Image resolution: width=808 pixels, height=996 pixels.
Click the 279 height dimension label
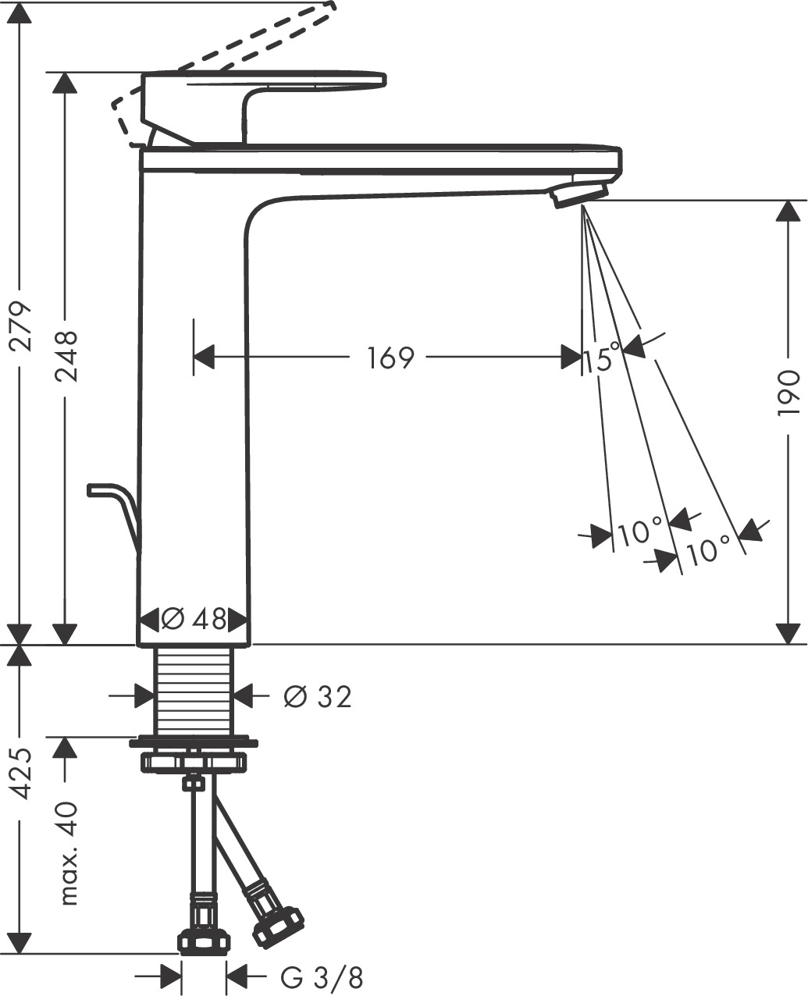pos(23,324)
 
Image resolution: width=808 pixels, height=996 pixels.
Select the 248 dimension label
pos(66,356)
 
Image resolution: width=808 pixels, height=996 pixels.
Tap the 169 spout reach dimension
pos(389,358)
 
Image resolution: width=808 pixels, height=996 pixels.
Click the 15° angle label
pos(602,359)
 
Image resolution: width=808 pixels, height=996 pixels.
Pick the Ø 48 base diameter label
pos(194,621)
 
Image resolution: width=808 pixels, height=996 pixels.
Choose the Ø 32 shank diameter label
pos(318,696)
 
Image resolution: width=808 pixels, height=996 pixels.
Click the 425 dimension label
pos(23,773)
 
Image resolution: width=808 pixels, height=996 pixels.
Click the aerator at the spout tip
pos(580,194)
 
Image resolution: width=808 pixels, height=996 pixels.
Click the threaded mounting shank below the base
pos(194,691)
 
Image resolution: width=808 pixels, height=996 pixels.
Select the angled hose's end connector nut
pos(277,927)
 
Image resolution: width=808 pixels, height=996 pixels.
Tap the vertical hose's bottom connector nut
pos(204,941)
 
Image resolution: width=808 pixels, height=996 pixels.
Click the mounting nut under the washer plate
pos(194,761)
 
